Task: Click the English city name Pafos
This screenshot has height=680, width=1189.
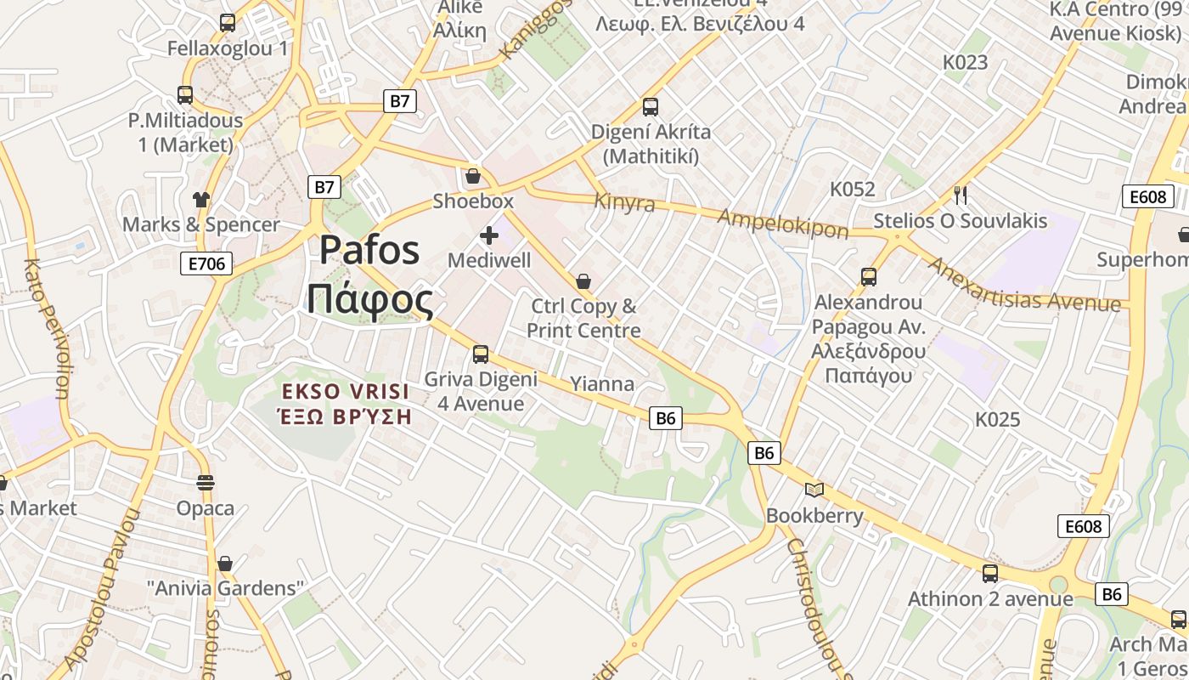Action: coord(369,250)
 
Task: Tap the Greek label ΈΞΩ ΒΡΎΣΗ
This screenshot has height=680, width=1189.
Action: coord(345,416)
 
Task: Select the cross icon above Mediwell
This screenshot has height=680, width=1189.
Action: coord(489,235)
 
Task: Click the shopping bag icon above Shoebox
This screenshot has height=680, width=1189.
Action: coord(473,176)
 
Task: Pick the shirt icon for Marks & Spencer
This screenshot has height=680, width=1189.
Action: coord(200,200)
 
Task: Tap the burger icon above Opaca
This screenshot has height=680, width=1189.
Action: coord(206,483)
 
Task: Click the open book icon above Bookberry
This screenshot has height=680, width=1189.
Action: coord(814,490)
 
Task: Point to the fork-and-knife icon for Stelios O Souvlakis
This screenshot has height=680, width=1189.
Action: coord(961,195)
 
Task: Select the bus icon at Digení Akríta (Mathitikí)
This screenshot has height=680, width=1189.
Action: coord(651,107)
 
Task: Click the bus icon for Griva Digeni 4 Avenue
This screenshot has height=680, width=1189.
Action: coord(481,354)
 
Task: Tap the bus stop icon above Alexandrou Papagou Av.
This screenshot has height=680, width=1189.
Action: coord(868,276)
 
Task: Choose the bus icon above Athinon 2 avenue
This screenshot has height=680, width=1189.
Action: coord(990,574)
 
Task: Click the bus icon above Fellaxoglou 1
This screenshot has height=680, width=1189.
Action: coord(228,23)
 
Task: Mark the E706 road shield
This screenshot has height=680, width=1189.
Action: coord(207,263)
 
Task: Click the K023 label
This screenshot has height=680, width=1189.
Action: coord(966,62)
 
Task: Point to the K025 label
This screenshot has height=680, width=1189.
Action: coord(997,419)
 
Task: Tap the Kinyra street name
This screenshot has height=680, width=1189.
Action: coord(625,202)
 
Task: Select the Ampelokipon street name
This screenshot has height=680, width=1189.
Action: coord(782,223)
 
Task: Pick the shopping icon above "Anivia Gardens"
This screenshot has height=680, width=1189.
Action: coord(225,564)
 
